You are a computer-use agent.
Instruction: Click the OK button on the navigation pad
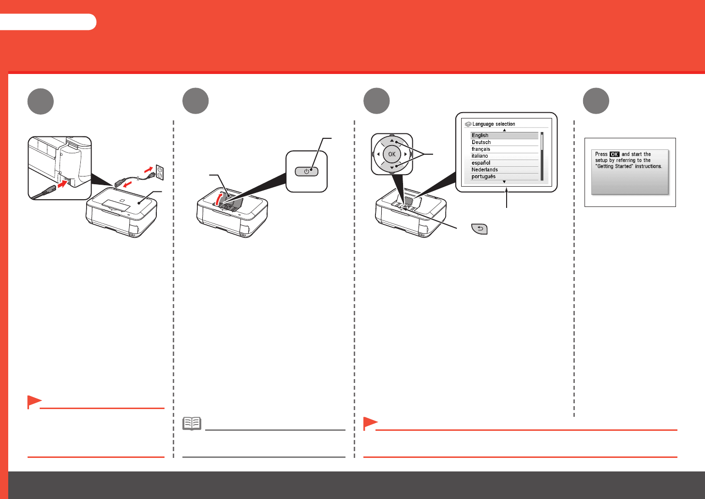pos(391,154)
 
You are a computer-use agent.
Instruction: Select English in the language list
pos(480,135)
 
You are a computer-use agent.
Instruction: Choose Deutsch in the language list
pos(481,142)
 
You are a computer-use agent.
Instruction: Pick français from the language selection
pos(480,149)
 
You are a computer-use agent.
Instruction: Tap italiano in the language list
pos(480,156)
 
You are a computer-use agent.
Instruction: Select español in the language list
pos(480,163)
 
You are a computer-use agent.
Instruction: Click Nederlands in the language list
pos(484,170)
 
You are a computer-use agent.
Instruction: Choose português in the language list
pos(483,176)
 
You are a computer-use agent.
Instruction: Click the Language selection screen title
pos(493,124)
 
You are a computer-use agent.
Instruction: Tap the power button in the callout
pos(306,171)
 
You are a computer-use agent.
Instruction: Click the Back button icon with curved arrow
pos(479,229)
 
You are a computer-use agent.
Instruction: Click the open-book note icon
pos(192,424)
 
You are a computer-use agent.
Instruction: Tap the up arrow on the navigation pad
pos(392,141)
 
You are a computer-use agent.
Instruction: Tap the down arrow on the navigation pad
pos(392,167)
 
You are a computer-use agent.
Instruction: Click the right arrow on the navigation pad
pos(405,154)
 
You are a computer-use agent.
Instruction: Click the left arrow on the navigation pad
pos(378,154)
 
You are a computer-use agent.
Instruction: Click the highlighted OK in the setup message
pos(614,154)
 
